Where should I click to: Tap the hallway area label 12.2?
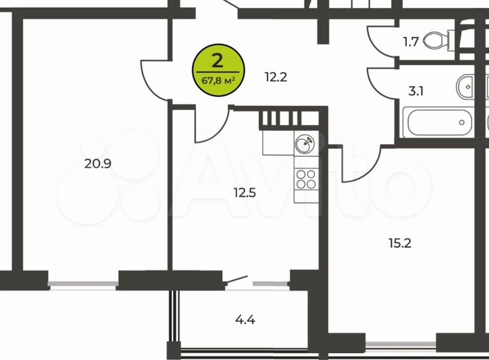tap(277, 77)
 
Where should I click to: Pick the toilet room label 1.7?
tap(410, 41)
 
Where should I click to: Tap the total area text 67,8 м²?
tap(218, 79)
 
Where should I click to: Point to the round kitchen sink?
tap(305, 143)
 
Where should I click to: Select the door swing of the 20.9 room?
tap(155, 77)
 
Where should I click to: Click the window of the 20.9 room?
tap(84, 280)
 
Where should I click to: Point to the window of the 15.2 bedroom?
tap(401, 338)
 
